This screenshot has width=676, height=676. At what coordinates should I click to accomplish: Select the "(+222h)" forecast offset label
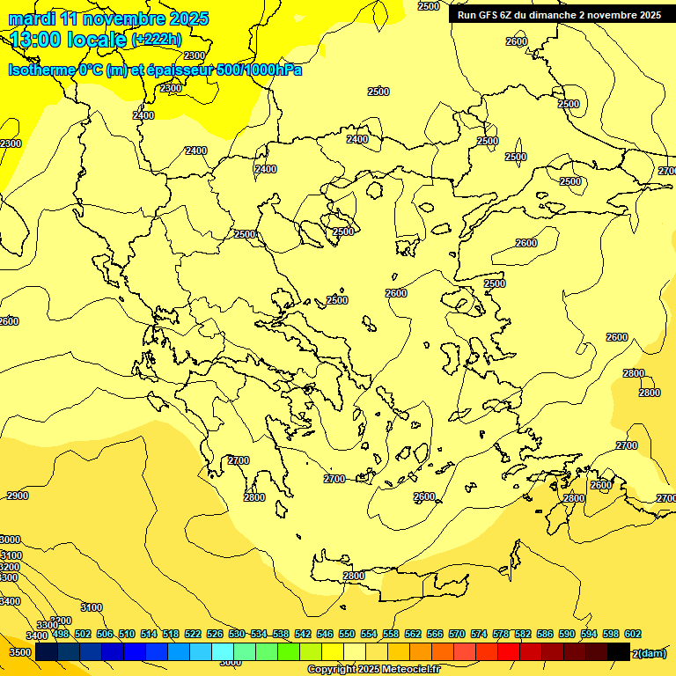(156, 40)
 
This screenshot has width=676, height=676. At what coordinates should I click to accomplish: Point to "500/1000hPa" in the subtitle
(261, 70)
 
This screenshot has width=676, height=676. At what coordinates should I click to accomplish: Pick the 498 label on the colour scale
(61, 634)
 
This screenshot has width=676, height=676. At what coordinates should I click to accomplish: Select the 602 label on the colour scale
(633, 634)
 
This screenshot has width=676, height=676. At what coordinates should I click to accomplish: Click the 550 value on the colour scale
(347, 634)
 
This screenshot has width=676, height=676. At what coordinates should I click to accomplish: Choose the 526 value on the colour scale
(215, 634)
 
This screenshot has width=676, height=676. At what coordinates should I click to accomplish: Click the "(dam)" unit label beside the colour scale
(651, 653)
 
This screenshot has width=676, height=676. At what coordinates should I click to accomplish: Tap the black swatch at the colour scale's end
(618, 652)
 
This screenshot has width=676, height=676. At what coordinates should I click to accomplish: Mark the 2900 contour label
(18, 496)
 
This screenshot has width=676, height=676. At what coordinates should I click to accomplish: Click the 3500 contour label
(20, 653)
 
